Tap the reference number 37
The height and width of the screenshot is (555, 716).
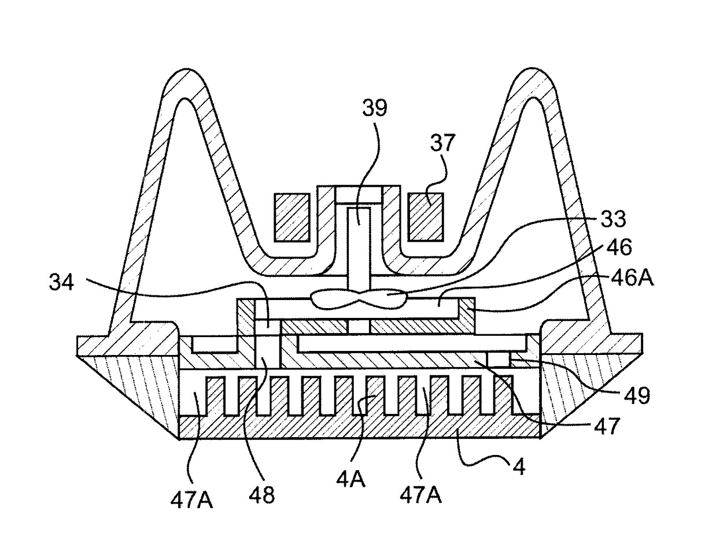[x=442, y=142]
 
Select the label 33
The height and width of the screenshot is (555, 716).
[x=614, y=219]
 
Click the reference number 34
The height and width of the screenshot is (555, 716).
[x=61, y=282]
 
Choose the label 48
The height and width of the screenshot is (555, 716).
[x=261, y=494]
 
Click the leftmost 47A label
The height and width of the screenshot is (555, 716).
[x=191, y=499]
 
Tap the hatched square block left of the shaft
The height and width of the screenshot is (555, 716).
[x=292, y=217]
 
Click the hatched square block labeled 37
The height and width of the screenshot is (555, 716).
[x=426, y=217]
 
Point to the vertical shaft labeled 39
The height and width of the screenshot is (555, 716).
[x=359, y=251]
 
